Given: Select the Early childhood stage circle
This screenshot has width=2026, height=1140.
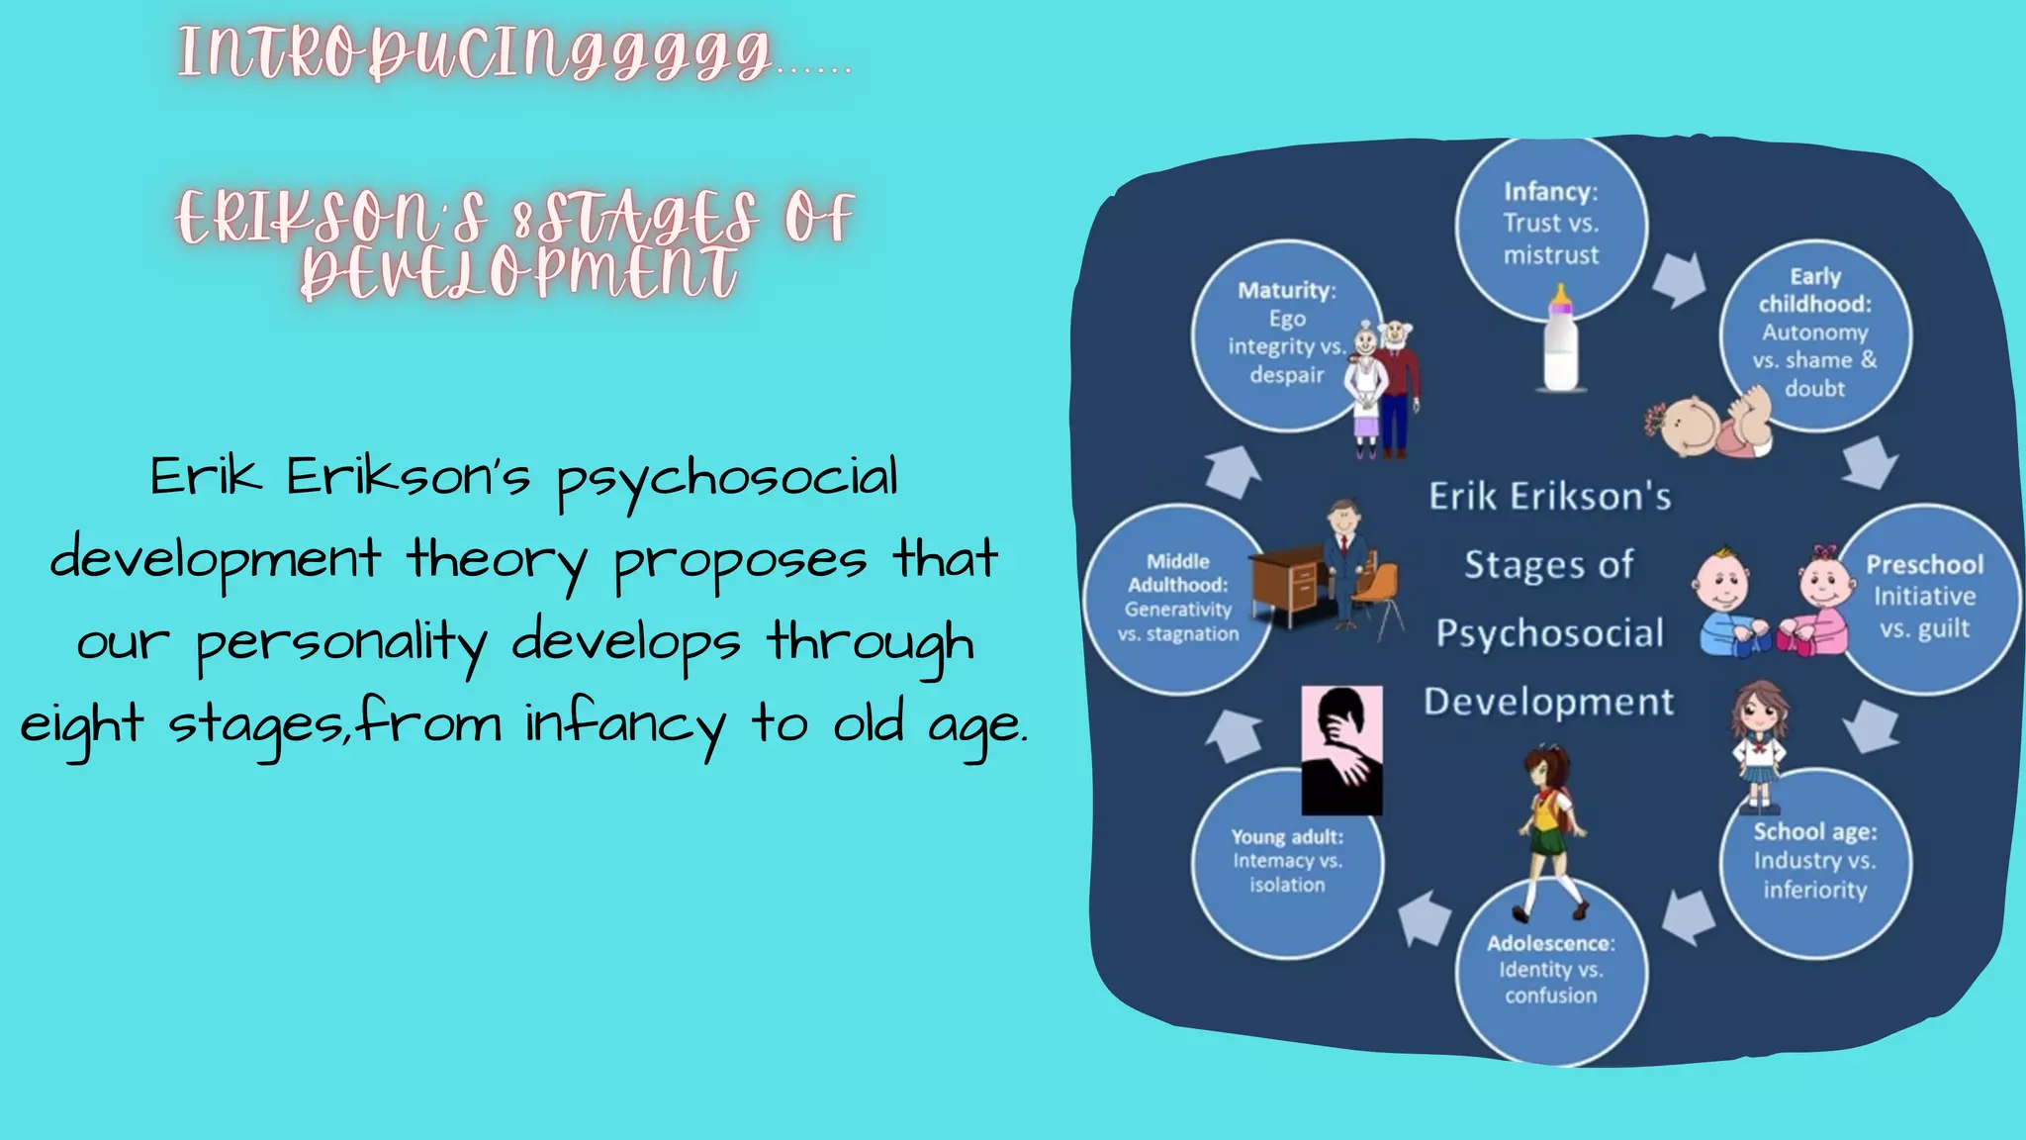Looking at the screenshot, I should point(1815,333).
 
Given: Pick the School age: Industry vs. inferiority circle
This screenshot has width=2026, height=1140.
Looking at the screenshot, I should point(1815,862).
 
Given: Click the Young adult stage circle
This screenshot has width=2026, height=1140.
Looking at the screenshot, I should point(1287,862).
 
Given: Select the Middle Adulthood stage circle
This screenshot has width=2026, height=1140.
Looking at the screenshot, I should point(1177,599).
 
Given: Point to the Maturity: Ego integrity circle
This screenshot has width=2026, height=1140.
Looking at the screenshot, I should point(1286,333).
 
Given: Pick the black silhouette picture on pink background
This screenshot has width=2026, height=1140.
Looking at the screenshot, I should point(1341,749).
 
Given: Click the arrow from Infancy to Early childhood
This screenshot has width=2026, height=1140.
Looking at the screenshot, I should point(1680,279).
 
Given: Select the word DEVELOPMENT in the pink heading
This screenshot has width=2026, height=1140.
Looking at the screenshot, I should point(518,272).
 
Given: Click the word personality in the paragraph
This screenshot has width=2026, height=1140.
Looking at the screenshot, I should point(341,644).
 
